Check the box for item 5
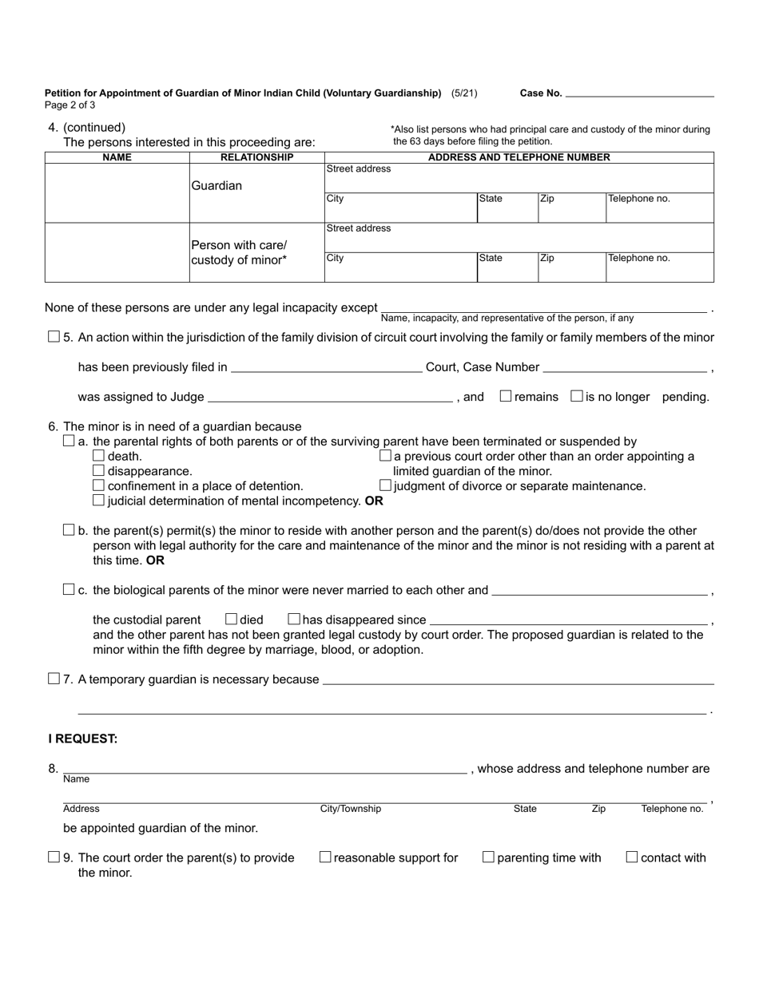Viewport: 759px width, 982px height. pos(54,337)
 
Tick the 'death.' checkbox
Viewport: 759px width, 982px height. pos(99,456)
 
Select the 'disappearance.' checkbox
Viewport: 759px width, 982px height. pos(99,471)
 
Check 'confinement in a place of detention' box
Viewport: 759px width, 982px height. pos(99,485)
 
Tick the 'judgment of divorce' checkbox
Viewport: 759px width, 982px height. pos(385,485)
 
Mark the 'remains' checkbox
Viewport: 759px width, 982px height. pos(505,396)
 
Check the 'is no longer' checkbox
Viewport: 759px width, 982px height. pos(577,396)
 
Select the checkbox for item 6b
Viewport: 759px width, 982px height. pos(69,530)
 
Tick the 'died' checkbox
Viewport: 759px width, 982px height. pos(232,619)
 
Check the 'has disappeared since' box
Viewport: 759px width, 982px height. pos(293,619)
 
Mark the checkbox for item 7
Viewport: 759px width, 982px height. pos(54,679)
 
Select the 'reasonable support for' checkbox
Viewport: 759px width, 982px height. pos(325,857)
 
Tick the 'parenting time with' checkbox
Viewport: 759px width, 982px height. pos(488,857)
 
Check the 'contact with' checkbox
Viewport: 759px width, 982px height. pos(632,857)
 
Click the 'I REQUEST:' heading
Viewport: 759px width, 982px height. pos(82,739)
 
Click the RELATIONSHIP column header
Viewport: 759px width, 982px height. pos(256,157)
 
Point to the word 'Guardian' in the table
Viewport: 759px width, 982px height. pos(216,186)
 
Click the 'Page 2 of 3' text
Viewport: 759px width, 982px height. pos(70,105)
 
